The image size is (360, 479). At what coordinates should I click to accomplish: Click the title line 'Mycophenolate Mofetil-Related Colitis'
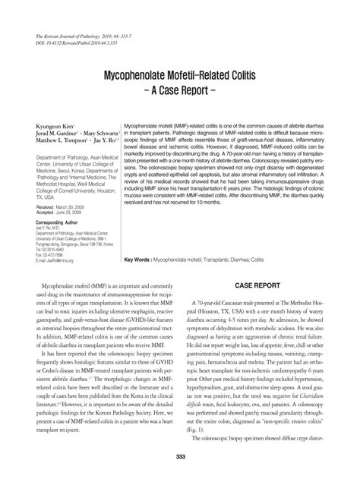180,77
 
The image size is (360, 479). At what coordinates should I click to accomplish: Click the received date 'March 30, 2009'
70,207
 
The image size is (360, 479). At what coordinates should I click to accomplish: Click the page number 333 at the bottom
180,455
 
